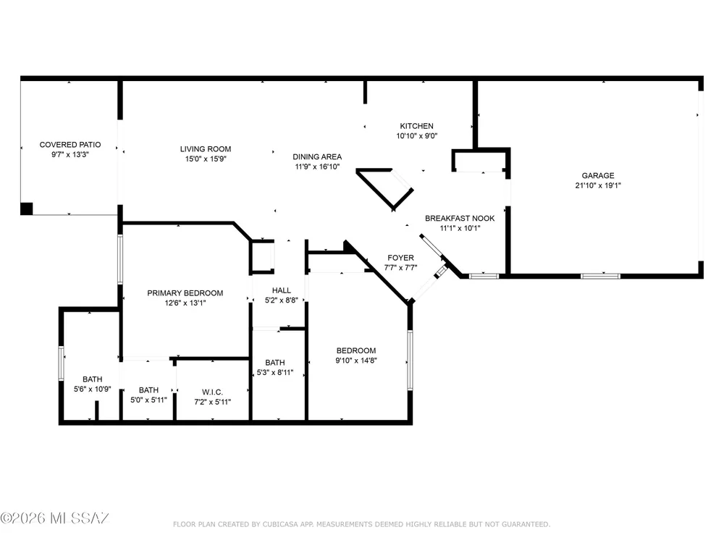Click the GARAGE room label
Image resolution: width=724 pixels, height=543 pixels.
pos(597,175)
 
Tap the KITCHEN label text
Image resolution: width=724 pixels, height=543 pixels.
pos(416,126)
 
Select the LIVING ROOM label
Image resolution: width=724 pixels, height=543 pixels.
pos(206,149)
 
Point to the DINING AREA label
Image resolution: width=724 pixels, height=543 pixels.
pos(317,157)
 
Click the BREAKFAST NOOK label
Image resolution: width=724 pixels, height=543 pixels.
pos(460,219)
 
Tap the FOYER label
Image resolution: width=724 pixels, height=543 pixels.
pos(400,258)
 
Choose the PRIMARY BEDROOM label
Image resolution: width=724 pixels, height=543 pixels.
pos(185,293)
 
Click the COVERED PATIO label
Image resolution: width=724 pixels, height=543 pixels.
pos(70,145)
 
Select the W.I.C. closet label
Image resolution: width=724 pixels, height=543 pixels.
pos(212,392)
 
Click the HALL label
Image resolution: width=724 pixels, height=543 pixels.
pos(281,290)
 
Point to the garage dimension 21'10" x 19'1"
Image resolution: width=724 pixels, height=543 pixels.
pos(598,185)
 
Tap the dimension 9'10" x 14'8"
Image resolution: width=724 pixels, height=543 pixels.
pos(356,361)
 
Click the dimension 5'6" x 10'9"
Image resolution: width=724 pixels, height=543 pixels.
pos(93,390)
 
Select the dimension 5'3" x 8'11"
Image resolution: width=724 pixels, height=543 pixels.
pos(274,373)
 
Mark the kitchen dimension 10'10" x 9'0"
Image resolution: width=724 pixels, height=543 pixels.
pos(416,136)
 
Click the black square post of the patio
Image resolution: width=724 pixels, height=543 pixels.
pos(27,209)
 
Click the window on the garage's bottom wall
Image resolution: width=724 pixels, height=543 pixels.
pos(600,276)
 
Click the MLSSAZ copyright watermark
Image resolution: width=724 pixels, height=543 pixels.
pos(54,518)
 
